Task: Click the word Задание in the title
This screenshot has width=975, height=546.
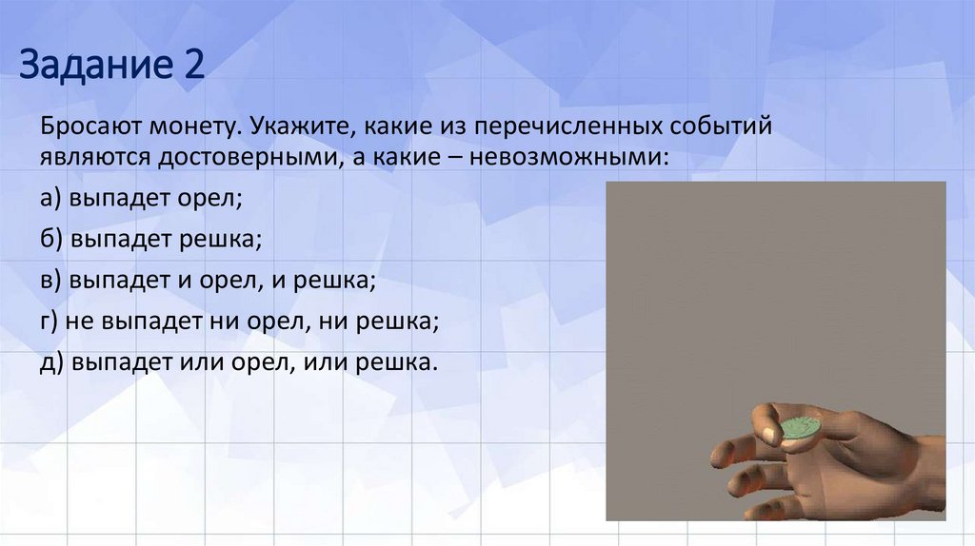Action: coord(91,68)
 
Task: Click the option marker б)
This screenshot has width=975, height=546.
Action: coord(50,241)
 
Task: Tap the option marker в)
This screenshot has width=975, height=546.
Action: coord(50,282)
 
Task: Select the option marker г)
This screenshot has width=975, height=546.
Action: coord(50,322)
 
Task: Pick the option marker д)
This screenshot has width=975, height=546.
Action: coord(50,363)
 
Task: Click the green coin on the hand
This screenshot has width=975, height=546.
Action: coord(799,426)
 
